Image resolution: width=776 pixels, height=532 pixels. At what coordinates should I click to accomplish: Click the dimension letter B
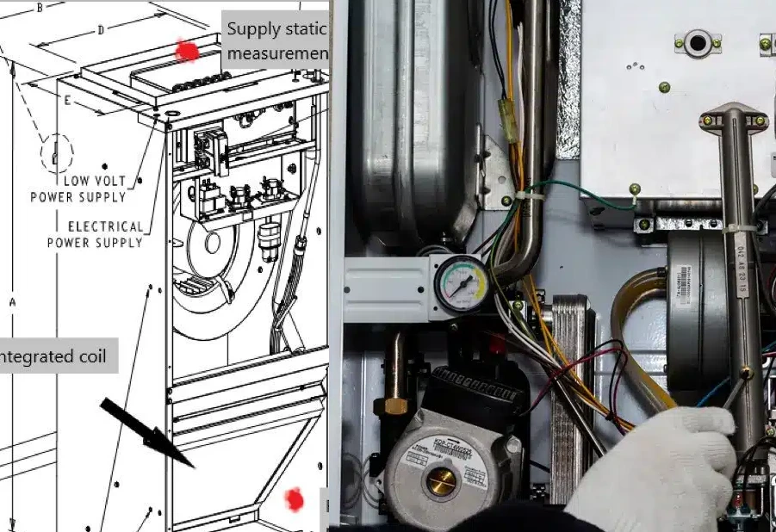tap(40, 8)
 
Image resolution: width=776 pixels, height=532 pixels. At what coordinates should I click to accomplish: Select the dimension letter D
tap(101, 30)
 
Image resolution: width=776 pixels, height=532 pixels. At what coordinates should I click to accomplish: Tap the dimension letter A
tap(12, 302)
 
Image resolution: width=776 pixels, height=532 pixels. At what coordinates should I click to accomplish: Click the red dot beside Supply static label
tap(186, 51)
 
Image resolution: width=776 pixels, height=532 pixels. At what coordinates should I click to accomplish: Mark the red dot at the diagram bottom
tap(295, 499)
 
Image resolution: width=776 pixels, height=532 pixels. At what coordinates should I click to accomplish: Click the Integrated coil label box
tap(57, 356)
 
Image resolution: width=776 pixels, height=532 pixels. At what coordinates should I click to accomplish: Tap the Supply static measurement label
tap(276, 41)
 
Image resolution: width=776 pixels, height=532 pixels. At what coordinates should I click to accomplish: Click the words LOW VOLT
tap(94, 181)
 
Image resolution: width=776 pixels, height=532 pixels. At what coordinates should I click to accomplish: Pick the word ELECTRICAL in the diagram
tap(106, 226)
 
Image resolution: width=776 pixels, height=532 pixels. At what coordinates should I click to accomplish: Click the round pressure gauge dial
tap(461, 281)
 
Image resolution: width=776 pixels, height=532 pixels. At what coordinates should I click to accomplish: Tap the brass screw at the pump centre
tap(441, 483)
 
